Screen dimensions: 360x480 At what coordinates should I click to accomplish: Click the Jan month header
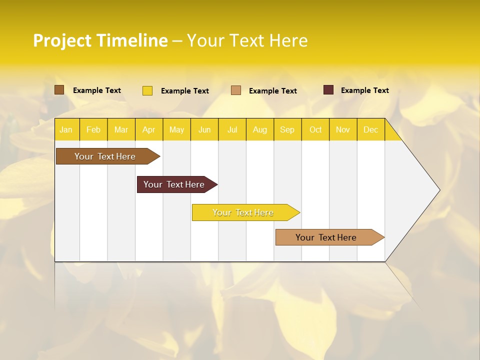(x=66, y=129)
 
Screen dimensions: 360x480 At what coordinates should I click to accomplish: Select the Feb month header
(x=93, y=129)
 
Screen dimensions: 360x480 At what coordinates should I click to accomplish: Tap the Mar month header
(x=121, y=129)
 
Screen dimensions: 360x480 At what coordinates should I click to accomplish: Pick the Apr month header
(x=149, y=129)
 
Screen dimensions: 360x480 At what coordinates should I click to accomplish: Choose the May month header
(x=176, y=129)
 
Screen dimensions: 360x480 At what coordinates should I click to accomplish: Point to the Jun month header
(x=204, y=129)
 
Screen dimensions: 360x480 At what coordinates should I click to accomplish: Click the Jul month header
(x=232, y=129)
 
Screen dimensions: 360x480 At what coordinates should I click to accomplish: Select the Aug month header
(x=260, y=129)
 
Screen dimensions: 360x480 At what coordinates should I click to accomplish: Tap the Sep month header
(x=287, y=129)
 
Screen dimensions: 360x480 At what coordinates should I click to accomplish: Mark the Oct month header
(x=315, y=129)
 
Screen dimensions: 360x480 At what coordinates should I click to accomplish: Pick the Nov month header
(x=343, y=129)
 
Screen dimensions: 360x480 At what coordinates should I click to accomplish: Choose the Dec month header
(x=370, y=129)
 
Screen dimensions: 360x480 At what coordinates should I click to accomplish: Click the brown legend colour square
(x=59, y=90)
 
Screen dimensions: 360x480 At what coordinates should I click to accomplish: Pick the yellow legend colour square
(x=147, y=90)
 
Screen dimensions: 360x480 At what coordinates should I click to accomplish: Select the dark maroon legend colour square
(x=328, y=90)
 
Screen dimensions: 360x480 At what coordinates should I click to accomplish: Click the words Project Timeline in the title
(x=100, y=40)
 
